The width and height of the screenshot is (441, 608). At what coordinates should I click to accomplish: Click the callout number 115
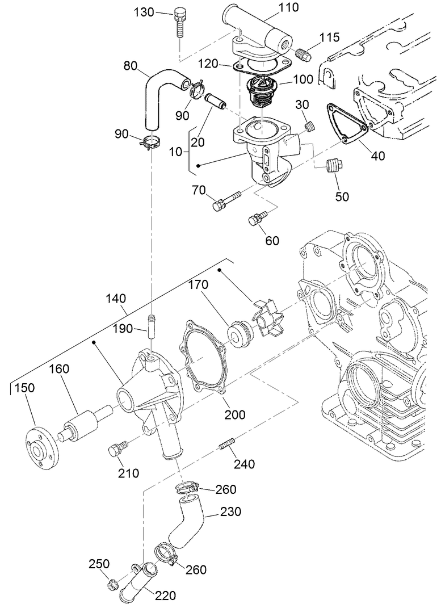point(329,38)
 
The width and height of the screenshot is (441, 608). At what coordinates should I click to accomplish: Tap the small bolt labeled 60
point(258,217)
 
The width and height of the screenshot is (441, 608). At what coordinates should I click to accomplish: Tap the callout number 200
point(234,414)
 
